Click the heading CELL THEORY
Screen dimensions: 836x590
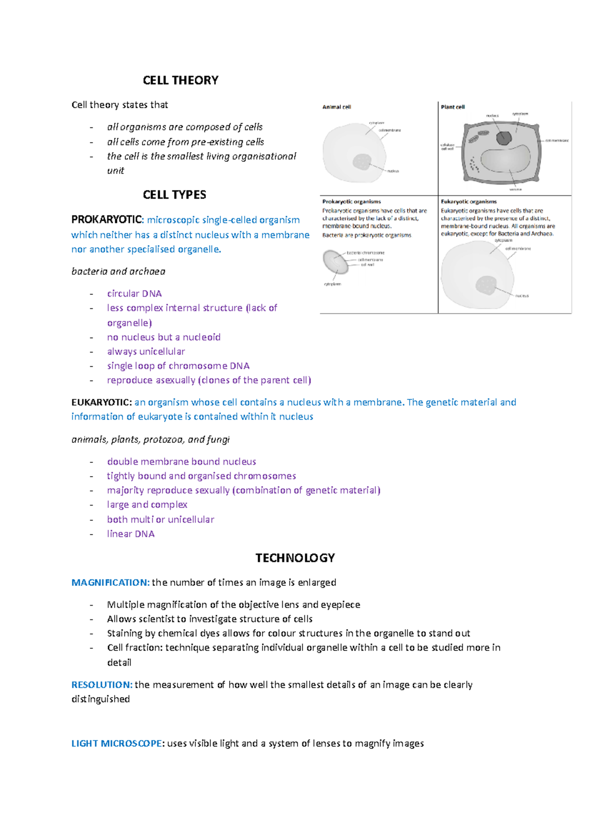click(180, 80)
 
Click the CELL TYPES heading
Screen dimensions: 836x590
click(174, 195)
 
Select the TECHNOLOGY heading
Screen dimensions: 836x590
click(295, 558)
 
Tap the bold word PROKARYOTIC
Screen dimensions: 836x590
click(107, 220)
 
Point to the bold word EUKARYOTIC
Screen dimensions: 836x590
click(101, 402)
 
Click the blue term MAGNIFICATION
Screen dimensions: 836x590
click(110, 582)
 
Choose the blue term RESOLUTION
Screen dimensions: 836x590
click(101, 685)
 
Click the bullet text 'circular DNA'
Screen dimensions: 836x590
click(134, 293)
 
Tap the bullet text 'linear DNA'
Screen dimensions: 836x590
click(131, 534)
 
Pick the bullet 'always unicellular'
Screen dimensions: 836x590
click(146, 352)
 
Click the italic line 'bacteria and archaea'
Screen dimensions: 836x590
click(118, 271)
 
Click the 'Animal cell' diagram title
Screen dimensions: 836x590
click(337, 107)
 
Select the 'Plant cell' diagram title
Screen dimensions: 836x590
click(452, 107)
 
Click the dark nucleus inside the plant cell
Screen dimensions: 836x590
click(503, 138)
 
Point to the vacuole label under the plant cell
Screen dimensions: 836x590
click(516, 189)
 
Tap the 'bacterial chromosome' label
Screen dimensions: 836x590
click(365, 253)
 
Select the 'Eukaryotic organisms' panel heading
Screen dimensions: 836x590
click(469, 201)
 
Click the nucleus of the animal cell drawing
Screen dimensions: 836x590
click(362, 161)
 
